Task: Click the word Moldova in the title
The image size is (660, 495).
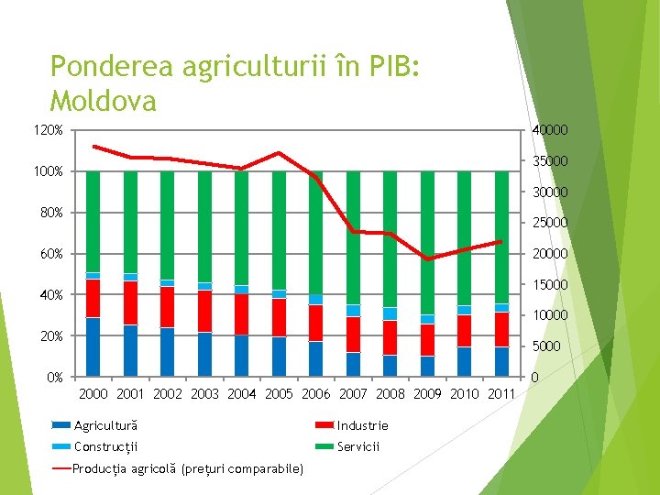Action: tap(103, 99)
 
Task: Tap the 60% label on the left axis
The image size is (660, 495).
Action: tap(50, 253)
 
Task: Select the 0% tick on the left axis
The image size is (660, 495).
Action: tap(53, 377)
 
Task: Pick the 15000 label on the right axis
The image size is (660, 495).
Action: tap(550, 284)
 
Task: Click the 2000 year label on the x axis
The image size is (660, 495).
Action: tap(93, 394)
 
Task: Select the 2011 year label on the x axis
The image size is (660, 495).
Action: tap(501, 394)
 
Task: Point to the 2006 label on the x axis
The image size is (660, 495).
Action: tap(316, 394)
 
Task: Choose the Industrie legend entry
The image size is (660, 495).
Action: tap(362, 425)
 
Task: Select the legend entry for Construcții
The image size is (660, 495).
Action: tap(104, 446)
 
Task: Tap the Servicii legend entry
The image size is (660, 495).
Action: tap(357, 446)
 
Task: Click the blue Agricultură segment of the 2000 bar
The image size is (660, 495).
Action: tap(93, 346)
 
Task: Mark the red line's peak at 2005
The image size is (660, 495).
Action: tap(279, 152)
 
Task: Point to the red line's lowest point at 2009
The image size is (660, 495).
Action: tap(427, 259)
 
